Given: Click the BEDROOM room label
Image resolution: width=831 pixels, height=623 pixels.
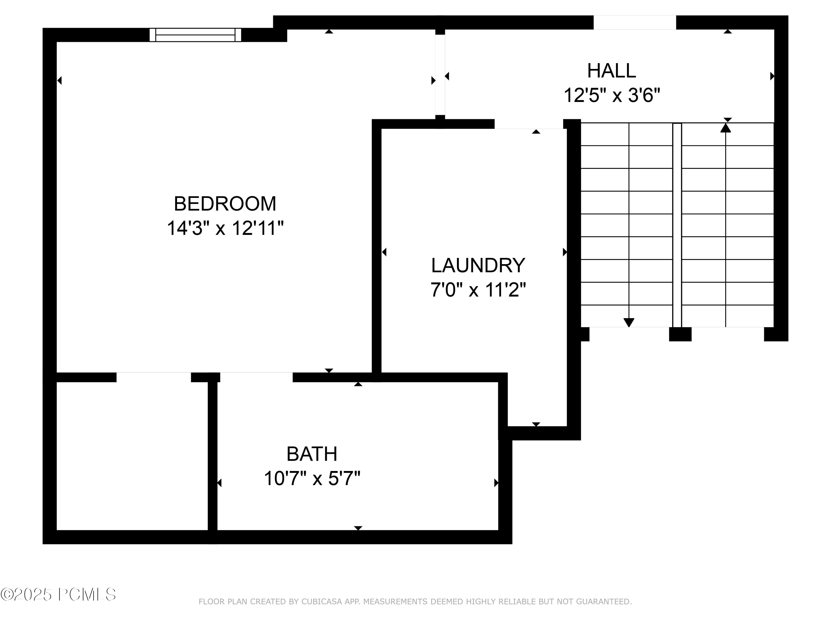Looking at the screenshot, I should click(225, 204).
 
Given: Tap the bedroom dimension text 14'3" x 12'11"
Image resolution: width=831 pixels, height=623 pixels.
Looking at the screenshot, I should click(225, 228).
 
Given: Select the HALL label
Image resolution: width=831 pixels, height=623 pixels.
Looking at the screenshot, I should click(611, 71).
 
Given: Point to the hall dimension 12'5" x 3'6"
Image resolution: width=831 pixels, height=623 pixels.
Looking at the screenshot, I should click(612, 95).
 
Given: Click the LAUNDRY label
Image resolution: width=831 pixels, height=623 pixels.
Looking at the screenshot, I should click(478, 266).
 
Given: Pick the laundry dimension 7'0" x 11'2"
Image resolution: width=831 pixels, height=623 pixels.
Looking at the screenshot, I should click(478, 290).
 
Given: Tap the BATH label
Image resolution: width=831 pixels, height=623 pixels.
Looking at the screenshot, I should click(312, 454).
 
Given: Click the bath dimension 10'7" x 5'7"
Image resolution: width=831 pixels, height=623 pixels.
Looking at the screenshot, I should click(312, 478).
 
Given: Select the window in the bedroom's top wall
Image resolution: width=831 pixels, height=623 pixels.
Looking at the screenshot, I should click(195, 35).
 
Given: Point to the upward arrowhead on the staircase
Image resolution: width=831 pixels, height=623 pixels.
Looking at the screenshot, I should click(725, 128).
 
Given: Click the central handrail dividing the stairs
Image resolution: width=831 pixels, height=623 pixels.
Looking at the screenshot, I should click(677, 225).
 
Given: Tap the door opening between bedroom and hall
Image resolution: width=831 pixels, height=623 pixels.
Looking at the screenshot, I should click(440, 75).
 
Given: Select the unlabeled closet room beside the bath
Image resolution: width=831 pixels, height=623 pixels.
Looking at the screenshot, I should click(132, 456).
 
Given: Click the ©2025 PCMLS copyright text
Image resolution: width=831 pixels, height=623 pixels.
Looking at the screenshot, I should click(58, 594).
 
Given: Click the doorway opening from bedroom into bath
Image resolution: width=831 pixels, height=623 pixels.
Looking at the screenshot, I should click(256, 377).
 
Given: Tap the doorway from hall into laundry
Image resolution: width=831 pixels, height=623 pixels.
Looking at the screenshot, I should click(529, 124).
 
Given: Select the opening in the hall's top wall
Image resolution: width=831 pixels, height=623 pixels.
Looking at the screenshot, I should click(635, 22).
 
